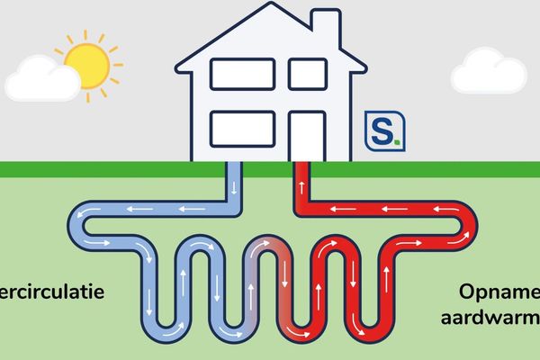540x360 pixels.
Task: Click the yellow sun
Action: click(x=86, y=60)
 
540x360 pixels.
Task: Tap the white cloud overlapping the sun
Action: click(x=40, y=81)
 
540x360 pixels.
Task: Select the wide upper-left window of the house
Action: click(x=242, y=74)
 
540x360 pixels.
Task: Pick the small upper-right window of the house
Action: click(x=307, y=74)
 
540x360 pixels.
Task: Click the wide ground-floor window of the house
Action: click(x=242, y=127)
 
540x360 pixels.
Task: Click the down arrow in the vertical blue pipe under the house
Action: click(x=234, y=187)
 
